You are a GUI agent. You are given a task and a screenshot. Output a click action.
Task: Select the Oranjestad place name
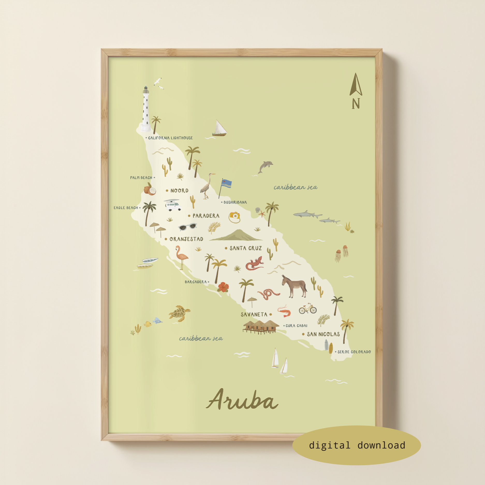coord(186,239)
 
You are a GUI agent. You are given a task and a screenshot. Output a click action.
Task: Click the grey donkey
coord(294,286)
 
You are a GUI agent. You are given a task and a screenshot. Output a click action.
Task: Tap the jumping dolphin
coord(265,167)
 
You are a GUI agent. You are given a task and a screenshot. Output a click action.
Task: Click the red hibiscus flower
coord(223,287)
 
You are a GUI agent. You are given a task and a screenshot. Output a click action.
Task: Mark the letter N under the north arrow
coord(356,104)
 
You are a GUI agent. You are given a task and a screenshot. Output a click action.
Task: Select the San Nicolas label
coord(323,334)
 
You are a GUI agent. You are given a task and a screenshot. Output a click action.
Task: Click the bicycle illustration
coord(307,309)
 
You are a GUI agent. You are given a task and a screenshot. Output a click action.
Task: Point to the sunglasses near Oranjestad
coord(187,227)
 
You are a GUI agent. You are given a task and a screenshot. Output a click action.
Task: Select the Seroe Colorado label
coord(354,352)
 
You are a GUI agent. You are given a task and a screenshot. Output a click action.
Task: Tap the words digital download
coord(357,445)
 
